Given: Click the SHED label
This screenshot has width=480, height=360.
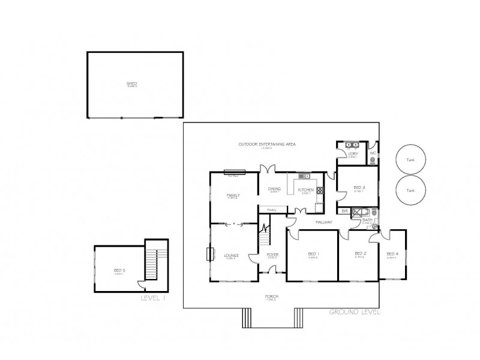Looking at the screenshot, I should tap(131, 83).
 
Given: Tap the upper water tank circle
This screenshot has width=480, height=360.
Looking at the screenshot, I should tap(410, 159).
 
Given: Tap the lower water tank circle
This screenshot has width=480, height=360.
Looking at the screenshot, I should tap(410, 190).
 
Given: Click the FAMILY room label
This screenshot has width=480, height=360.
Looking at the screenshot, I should tap(233, 195).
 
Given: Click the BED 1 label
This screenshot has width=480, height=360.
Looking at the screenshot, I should tap(313, 253).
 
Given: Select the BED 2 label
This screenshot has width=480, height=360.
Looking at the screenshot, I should tap(360, 253).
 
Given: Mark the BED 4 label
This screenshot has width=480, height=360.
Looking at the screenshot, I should tap(392, 253).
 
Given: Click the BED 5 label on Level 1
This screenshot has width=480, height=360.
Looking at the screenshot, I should tap(119, 270).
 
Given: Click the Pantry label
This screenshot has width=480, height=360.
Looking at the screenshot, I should tap(272, 209).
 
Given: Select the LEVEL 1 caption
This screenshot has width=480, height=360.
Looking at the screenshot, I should tap(153, 298).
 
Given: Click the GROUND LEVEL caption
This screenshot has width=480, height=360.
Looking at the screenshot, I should tap(354, 312).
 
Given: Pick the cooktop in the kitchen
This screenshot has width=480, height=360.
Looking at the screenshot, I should tap(320, 190).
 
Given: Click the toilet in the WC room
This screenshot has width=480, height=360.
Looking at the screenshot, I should tap(373, 146).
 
